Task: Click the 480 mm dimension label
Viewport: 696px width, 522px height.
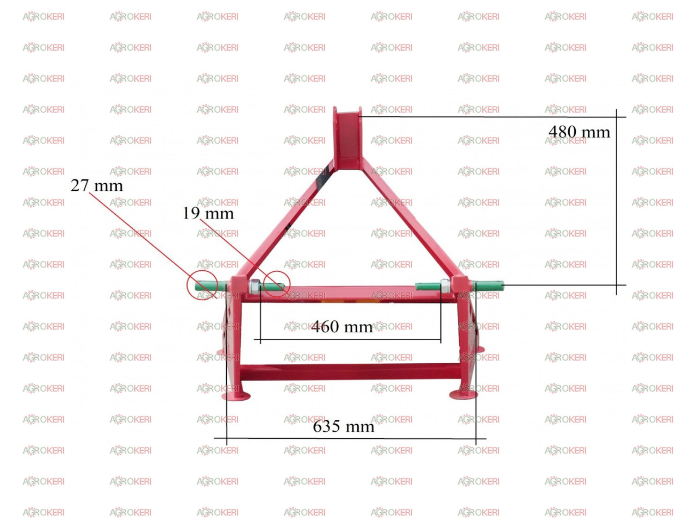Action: click(x=579, y=132)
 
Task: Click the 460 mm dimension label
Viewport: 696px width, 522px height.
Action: click(x=342, y=326)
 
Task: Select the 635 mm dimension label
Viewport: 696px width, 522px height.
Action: click(x=344, y=426)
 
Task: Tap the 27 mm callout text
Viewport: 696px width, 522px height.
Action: click(x=97, y=185)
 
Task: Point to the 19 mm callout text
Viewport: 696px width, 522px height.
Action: click(x=208, y=213)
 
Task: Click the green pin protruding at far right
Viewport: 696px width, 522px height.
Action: click(x=488, y=285)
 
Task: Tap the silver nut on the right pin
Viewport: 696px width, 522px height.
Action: click(x=445, y=286)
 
